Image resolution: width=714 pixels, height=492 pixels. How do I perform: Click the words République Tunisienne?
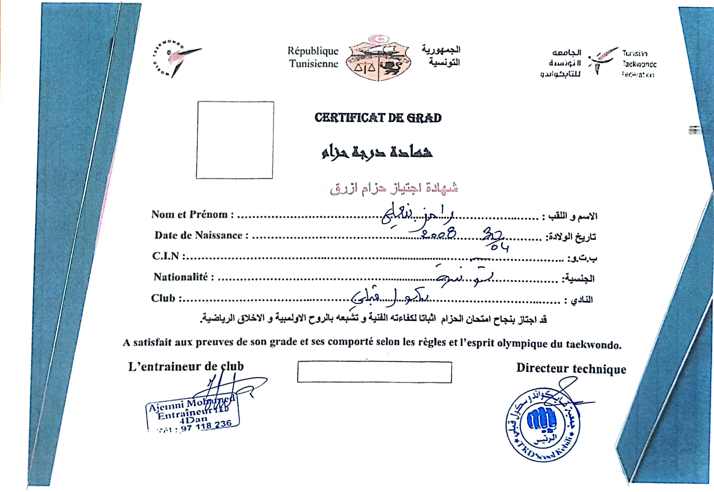[313, 57]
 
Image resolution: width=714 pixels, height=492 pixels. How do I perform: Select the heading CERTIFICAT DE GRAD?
[378, 118]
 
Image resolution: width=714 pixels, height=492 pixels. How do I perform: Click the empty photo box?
[235, 140]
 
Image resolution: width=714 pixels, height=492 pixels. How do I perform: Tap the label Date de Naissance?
[201, 235]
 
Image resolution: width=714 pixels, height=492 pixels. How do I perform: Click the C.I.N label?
[168, 256]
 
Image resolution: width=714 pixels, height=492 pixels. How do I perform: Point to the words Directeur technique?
[571, 369]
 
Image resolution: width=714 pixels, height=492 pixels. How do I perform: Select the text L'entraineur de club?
[186, 367]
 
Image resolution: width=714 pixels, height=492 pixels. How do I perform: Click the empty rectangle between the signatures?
[374, 372]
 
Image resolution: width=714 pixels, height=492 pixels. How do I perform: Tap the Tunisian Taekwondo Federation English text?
[639, 64]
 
